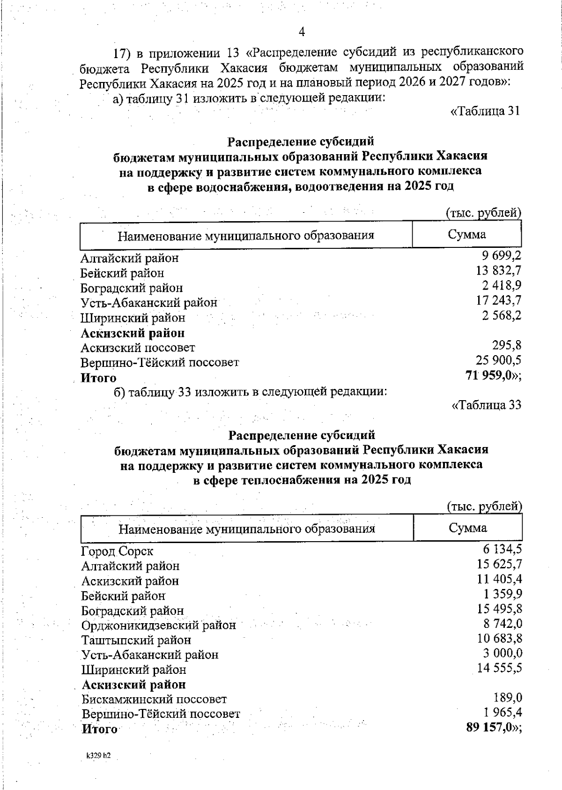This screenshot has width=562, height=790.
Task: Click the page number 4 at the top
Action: (x=302, y=32)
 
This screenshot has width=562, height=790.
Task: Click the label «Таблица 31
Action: (x=485, y=112)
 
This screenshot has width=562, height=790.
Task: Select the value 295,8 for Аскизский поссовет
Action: (x=507, y=345)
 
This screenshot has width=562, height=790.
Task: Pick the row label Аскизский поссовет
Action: (x=138, y=348)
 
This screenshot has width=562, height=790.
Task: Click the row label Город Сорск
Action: (x=117, y=552)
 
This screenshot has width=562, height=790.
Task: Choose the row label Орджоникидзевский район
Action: (x=158, y=626)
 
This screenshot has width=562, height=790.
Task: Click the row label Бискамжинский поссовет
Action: (x=154, y=700)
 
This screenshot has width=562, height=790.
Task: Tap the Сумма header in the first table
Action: (x=466, y=235)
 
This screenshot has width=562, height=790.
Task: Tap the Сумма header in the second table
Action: (x=467, y=528)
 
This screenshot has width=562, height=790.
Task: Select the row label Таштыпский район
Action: (x=136, y=640)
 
